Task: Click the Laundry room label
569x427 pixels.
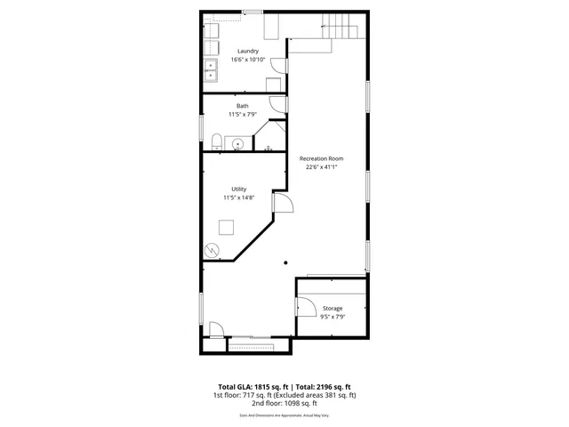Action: pos(248,51)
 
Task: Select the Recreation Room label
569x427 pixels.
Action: pos(322,157)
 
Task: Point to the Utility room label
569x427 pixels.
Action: pos(238,189)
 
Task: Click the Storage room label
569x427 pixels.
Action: pos(332,309)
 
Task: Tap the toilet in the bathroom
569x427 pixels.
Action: pos(216,139)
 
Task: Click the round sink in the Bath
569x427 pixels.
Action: pos(238,142)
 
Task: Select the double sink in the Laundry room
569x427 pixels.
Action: pos(212,70)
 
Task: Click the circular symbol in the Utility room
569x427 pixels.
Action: pos(212,250)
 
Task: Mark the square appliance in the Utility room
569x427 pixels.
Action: pos(227,227)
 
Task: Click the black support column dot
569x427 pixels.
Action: pos(285,262)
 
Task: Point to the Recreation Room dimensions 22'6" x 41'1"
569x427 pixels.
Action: pos(322,166)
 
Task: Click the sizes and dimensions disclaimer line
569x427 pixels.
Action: pos(284,415)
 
